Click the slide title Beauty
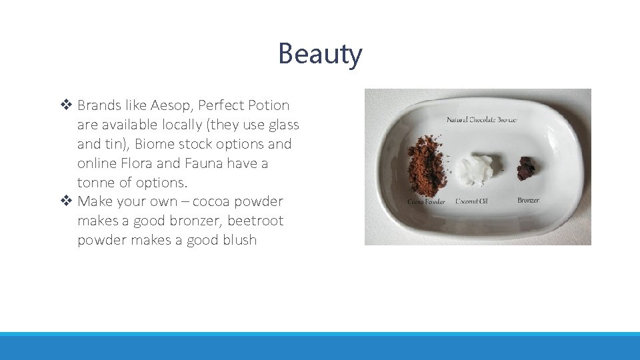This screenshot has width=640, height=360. (320, 54)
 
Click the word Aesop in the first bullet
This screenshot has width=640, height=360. (170, 105)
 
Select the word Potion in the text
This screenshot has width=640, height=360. (268, 105)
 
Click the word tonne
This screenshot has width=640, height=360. (95, 183)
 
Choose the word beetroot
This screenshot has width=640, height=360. (255, 221)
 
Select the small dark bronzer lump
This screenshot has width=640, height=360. (526, 168)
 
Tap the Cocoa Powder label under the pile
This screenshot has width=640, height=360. (426, 201)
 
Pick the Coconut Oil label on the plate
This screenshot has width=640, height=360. (473, 201)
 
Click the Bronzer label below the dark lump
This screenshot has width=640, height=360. (529, 200)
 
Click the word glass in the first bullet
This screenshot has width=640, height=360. (282, 125)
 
